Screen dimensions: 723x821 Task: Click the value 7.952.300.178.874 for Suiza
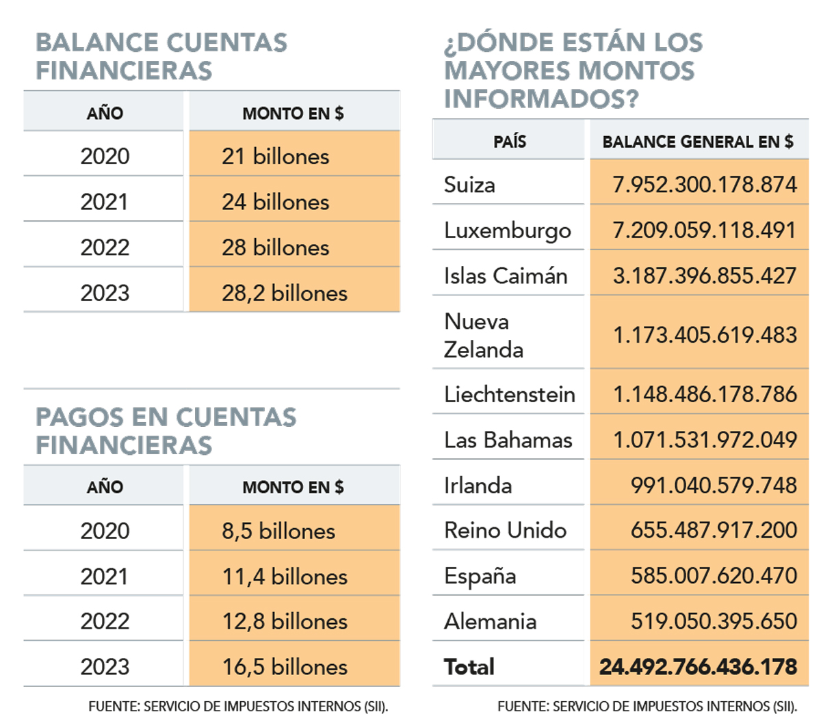705,185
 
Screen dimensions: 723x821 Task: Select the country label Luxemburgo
507,231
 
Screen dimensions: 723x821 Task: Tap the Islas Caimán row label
506,276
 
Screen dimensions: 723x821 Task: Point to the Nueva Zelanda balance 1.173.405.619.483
705,334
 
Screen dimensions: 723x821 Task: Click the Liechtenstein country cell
509,394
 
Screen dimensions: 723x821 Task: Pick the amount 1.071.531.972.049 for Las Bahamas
705,440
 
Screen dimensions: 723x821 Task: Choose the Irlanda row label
478,485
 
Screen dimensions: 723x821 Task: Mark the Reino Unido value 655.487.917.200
714,530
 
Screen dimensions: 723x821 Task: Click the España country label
480,576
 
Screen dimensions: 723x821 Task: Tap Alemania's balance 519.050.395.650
714,621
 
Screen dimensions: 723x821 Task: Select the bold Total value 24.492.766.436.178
698,667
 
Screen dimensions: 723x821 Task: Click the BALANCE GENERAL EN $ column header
698,142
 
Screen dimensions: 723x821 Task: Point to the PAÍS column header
510,142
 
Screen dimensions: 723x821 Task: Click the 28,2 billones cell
285,293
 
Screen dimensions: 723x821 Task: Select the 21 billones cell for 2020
275,156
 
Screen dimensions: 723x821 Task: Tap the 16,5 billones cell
285,667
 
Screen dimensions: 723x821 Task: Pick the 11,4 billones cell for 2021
285,577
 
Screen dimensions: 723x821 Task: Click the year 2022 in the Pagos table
105,621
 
